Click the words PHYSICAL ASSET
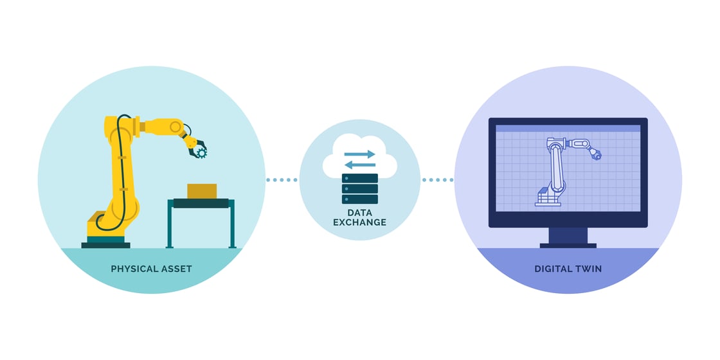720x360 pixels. pos(151,269)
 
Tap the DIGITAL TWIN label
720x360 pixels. pos(568,269)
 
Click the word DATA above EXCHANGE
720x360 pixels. pos(360,212)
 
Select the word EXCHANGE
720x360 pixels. pos(360,222)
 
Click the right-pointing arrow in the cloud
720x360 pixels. pos(359,154)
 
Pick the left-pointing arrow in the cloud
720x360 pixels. pos(359,165)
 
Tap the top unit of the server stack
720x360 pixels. pos(360,178)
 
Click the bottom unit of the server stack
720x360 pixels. pos(360,199)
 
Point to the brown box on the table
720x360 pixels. pos(202,191)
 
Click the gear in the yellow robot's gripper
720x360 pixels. pos(201,152)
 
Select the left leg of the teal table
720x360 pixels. pos(170,225)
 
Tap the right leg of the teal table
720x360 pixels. pos(232,225)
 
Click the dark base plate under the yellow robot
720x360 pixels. pos(105,245)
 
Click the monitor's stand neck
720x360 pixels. pos(568,235)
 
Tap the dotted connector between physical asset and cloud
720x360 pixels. pos(282,180)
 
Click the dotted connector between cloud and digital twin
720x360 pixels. pos(437,180)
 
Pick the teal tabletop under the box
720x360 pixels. pos(201,203)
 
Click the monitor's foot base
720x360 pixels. pos(568,246)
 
